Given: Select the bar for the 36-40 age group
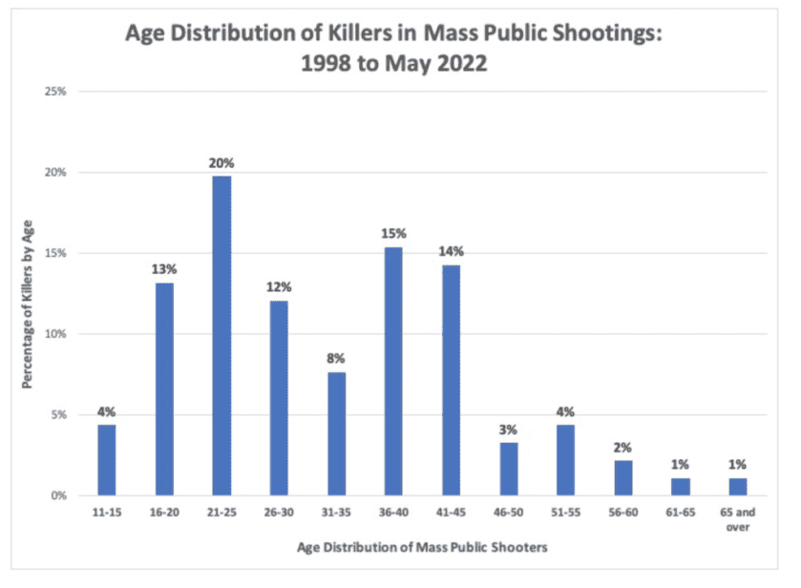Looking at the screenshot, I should coord(392,371).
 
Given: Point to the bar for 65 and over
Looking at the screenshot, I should coord(737,487).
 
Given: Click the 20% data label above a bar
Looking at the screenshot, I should coord(221,162).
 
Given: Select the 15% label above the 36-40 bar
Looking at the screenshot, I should coord(393,233).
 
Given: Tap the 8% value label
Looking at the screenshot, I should coord(335,359).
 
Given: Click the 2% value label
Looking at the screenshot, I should coord(622,447).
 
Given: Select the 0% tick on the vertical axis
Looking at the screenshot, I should coord(59,496).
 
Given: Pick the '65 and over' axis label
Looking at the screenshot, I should coord(737,520).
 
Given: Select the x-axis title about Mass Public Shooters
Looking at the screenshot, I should coord(415,547).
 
